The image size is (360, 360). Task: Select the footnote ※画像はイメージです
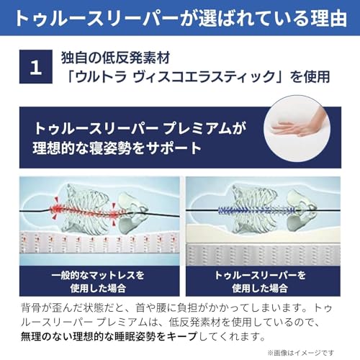click(310, 351)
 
